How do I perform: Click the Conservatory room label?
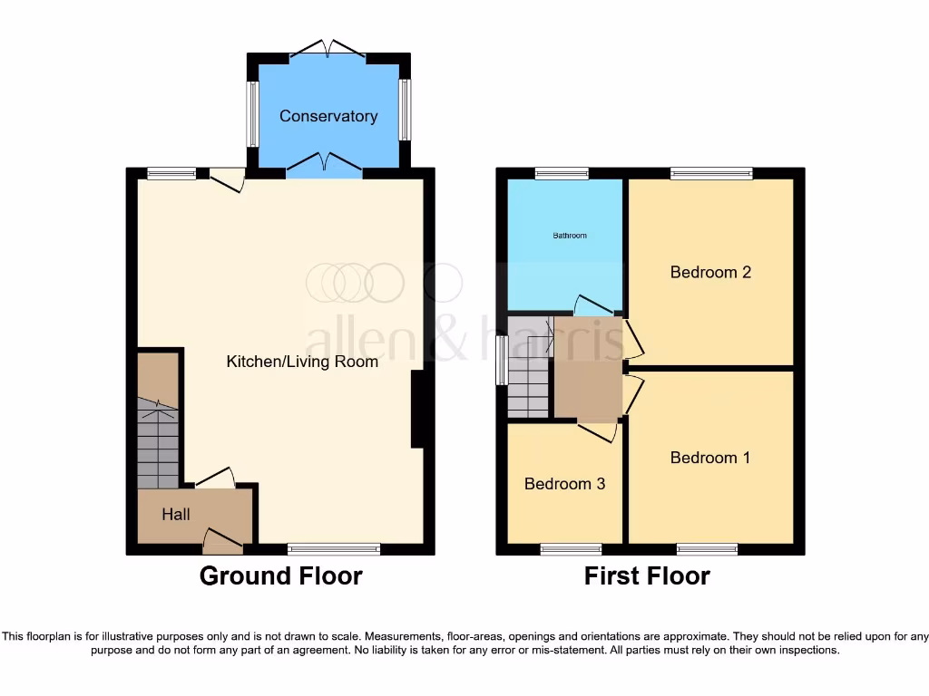coord(328,116)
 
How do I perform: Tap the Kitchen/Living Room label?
coord(302,362)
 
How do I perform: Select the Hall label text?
coord(176,515)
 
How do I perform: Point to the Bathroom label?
coord(570,236)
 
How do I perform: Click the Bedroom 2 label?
coord(710,272)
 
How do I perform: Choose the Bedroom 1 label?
coord(709,458)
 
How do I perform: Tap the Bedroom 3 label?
coord(564,484)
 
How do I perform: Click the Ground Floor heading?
coord(280,575)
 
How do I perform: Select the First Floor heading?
coord(647,575)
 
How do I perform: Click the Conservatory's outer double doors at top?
coord(328,49)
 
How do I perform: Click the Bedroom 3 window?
coord(571,549)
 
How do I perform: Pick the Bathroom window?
coord(562,173)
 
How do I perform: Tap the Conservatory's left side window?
coord(253,115)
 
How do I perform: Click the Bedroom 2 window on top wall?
coord(711,173)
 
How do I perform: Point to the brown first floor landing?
coord(587,367)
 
